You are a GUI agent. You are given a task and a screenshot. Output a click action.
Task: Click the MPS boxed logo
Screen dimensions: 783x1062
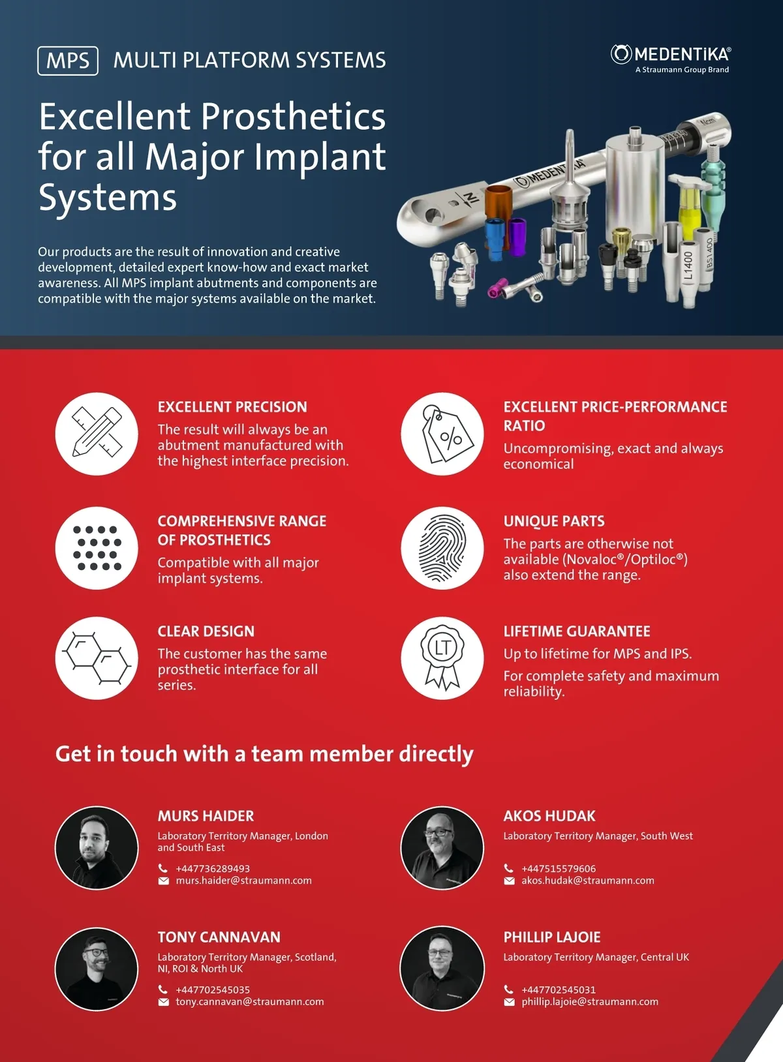[x=68, y=61]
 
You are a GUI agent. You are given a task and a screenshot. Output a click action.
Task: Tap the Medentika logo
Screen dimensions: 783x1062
[x=671, y=59]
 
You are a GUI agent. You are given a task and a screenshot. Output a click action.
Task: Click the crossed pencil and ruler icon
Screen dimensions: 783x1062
[x=97, y=433]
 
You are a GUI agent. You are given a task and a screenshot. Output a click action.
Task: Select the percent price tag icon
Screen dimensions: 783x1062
[x=442, y=433]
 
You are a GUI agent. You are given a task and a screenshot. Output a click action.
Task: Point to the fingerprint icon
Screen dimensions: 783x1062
[x=442, y=547]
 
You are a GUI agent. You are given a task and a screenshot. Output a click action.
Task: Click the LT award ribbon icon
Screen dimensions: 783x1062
[x=442, y=658]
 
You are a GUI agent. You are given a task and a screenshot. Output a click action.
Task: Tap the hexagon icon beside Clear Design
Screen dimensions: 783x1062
[x=97, y=658]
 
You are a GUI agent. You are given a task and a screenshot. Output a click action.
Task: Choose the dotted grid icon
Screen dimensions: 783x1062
[x=97, y=547]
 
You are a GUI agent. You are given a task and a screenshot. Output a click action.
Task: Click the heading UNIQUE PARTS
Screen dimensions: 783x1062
[x=554, y=521]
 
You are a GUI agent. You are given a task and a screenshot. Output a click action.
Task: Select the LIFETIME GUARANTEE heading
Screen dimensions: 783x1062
[x=577, y=631]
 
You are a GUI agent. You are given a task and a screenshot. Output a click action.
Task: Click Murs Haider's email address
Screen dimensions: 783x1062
[x=244, y=881]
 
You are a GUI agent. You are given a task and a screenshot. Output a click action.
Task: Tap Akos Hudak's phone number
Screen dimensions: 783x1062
[x=559, y=868]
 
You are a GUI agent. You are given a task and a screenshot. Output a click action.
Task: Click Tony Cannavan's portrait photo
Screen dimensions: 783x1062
[x=97, y=969]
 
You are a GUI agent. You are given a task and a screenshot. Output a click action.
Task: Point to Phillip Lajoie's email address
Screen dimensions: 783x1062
[x=590, y=1002]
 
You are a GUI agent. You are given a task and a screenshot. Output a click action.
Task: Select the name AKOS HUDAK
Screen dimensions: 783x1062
[x=549, y=816]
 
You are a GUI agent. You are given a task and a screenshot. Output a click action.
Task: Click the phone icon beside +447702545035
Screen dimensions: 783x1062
[x=163, y=990]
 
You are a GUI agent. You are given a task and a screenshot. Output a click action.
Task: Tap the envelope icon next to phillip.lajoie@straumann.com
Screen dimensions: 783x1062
[x=509, y=1002]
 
